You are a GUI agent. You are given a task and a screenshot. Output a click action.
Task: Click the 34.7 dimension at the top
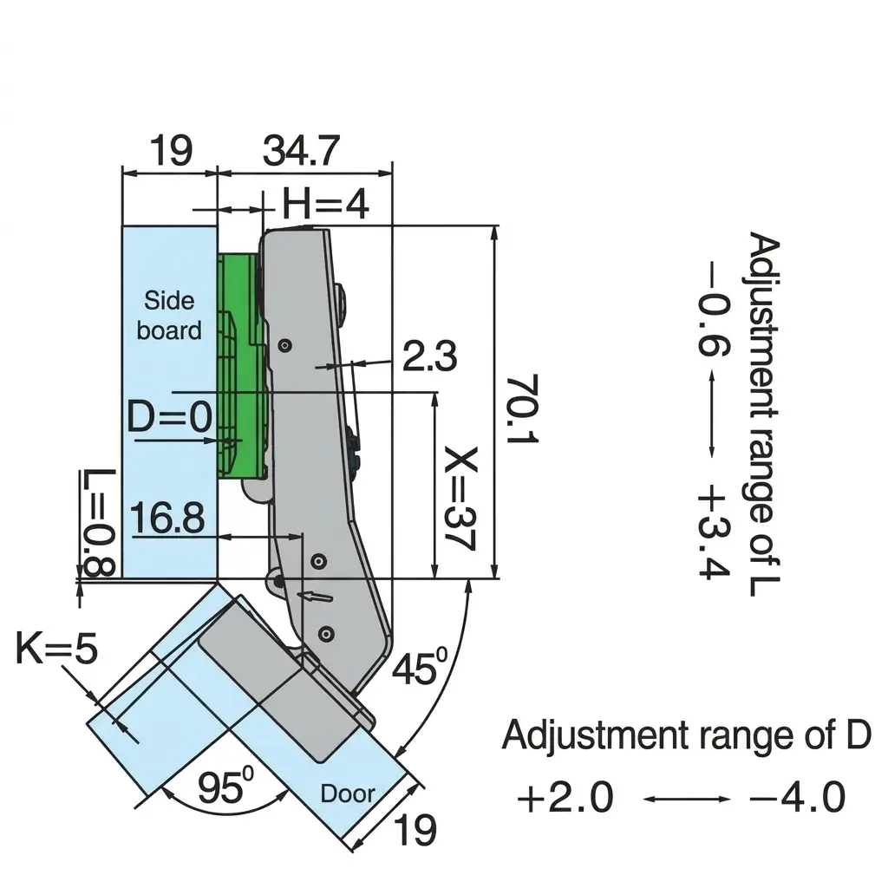pyautogui.click(x=301, y=151)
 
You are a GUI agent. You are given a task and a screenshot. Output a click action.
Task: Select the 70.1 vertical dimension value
pyautogui.click(x=521, y=409)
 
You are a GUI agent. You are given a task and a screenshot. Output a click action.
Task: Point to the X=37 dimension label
pyautogui.click(x=460, y=499)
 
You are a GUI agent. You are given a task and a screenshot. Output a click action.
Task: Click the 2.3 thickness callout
pyautogui.click(x=430, y=356)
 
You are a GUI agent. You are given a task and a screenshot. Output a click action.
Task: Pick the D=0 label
pyautogui.click(x=170, y=416)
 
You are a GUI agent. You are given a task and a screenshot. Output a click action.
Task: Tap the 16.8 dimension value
pyautogui.click(x=167, y=518)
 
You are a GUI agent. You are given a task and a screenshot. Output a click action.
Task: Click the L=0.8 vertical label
pyautogui.click(x=99, y=521)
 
